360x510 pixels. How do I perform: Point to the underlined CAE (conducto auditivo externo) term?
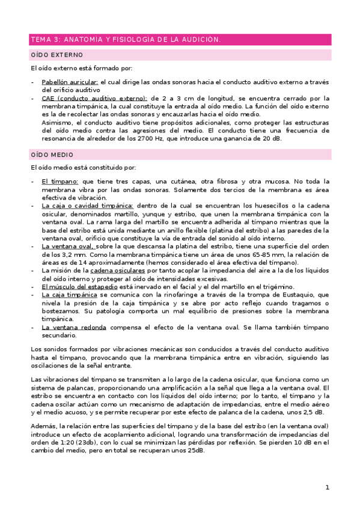[x=94, y=98]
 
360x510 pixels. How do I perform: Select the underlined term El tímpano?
[x=60, y=181]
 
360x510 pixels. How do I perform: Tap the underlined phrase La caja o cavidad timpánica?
[x=88, y=205]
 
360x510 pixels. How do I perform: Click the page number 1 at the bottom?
[x=327, y=487]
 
